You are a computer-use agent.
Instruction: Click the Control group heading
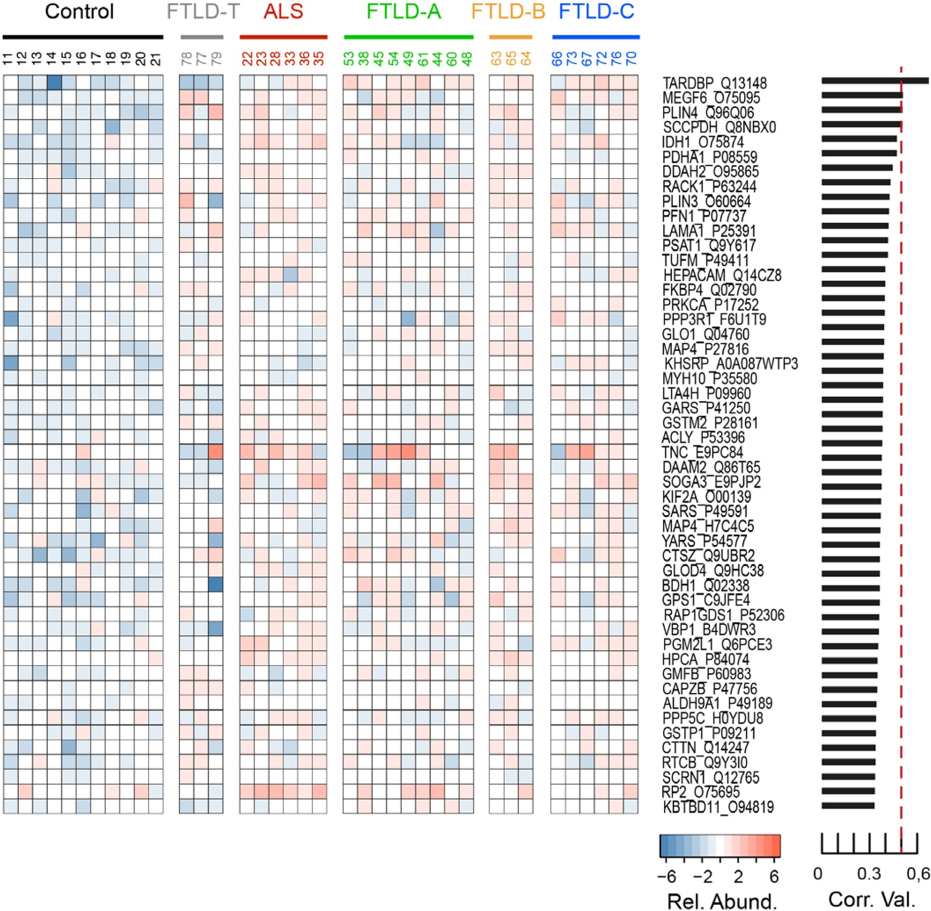(79, 11)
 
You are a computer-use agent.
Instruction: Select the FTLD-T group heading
(203, 11)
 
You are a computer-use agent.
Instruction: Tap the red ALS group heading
(283, 11)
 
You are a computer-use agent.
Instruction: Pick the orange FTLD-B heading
(508, 11)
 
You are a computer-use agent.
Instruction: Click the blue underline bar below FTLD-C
(596, 37)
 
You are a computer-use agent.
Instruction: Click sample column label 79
(216, 59)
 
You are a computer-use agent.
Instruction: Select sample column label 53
(350, 59)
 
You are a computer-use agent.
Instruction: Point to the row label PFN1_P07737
(704, 216)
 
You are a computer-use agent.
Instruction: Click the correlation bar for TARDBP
(874, 81)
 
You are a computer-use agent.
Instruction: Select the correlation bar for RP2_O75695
(848, 791)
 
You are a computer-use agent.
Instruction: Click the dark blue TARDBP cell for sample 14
(54, 83)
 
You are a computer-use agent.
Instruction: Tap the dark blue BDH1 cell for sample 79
(216, 585)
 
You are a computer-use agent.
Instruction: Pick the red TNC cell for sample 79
(216, 452)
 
